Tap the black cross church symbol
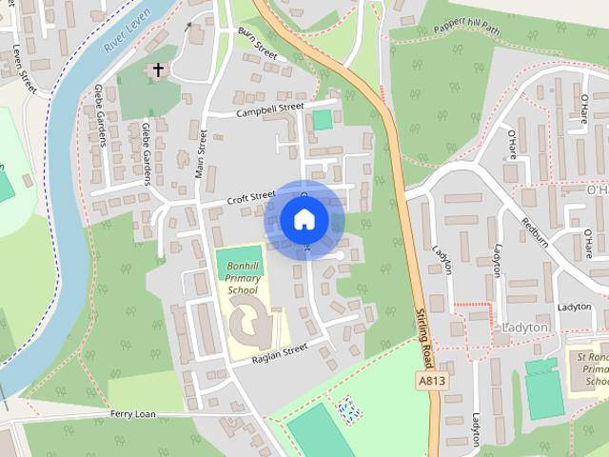[x=158, y=70]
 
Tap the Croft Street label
[x=250, y=198]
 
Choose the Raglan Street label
[x=280, y=351]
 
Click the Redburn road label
[x=534, y=231]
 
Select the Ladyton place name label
[x=523, y=328]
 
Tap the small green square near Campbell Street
[x=323, y=119]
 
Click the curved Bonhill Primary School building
[x=249, y=321]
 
